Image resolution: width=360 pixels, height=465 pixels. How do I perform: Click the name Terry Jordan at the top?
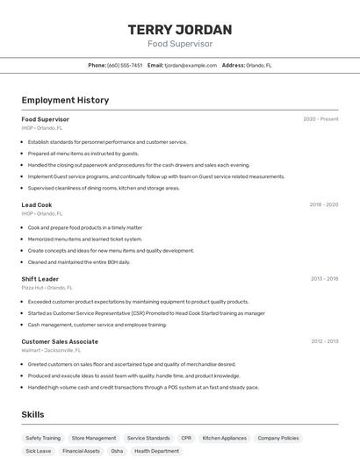180,29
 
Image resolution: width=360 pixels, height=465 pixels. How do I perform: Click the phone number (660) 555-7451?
125,65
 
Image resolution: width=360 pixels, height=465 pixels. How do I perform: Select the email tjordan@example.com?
191,65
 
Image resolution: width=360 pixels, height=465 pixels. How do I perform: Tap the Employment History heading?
65,100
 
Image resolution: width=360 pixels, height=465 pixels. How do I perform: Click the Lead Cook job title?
37,204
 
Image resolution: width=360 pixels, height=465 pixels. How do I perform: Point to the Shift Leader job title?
40,279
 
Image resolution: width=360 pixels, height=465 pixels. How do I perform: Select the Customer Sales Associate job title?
60,341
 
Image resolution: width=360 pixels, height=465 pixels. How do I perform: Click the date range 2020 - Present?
320,119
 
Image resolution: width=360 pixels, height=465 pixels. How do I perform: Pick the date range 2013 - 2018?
324,279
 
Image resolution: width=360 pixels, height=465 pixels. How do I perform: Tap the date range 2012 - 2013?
324,341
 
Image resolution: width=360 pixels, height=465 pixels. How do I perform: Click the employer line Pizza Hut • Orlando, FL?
47,288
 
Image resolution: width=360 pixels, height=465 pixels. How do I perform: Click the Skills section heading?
33,414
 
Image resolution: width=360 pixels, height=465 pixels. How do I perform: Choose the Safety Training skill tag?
43,438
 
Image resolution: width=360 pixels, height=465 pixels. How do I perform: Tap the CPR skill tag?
186,438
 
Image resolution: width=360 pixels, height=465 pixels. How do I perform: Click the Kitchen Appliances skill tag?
225,438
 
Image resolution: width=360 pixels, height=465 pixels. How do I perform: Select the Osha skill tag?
117,451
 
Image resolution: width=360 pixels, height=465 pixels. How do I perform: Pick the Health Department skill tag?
156,451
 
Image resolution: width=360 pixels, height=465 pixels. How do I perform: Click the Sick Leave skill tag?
38,451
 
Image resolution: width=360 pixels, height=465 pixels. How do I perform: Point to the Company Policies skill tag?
278,438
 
